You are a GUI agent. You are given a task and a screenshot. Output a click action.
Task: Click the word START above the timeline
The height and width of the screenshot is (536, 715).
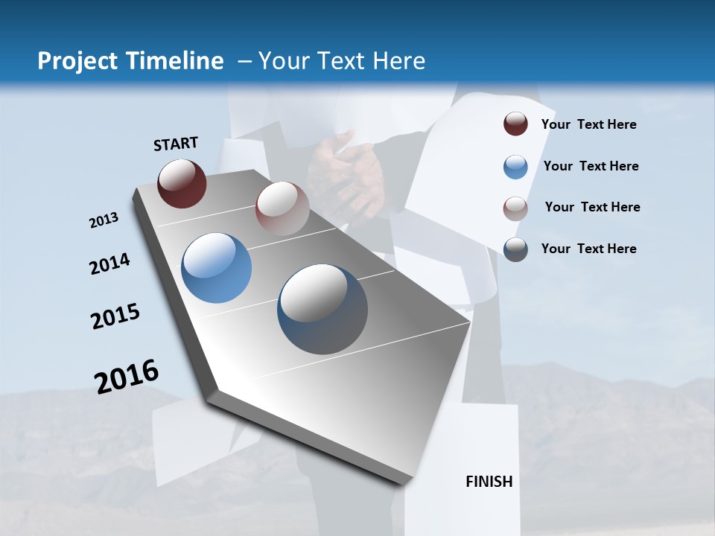click(176, 143)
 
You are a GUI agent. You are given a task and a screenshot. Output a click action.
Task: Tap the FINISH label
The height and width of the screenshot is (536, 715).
click(489, 482)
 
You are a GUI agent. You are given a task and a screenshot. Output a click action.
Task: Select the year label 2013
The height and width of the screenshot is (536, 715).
click(104, 220)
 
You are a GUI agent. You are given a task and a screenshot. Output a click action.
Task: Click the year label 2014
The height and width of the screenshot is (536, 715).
click(109, 264)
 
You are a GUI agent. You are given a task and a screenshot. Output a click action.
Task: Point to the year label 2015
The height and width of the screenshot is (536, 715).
click(115, 316)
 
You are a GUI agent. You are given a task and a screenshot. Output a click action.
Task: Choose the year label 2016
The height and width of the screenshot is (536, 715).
click(127, 376)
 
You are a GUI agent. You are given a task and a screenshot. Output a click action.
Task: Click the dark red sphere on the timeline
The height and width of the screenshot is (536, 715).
click(182, 183)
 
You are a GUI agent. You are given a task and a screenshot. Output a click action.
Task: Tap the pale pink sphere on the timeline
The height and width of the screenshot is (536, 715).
click(282, 208)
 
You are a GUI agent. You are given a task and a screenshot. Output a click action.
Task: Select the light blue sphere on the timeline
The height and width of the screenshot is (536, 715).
click(217, 268)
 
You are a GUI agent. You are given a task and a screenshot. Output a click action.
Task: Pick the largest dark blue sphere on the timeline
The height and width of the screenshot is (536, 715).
click(322, 309)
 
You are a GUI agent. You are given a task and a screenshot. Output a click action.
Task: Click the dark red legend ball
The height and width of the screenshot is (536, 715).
click(515, 124)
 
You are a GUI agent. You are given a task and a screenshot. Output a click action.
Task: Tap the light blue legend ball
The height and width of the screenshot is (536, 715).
click(515, 167)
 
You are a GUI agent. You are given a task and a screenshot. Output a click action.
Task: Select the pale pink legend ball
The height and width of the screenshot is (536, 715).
click(515, 208)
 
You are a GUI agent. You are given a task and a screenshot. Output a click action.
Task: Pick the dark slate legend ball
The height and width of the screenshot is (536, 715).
click(515, 249)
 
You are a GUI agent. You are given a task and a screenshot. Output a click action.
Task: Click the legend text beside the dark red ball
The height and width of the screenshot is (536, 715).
click(588, 125)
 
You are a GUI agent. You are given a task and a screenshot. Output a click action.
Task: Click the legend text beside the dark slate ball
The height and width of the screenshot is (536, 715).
click(588, 249)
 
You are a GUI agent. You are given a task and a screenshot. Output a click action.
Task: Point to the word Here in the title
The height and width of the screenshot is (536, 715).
click(398, 61)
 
